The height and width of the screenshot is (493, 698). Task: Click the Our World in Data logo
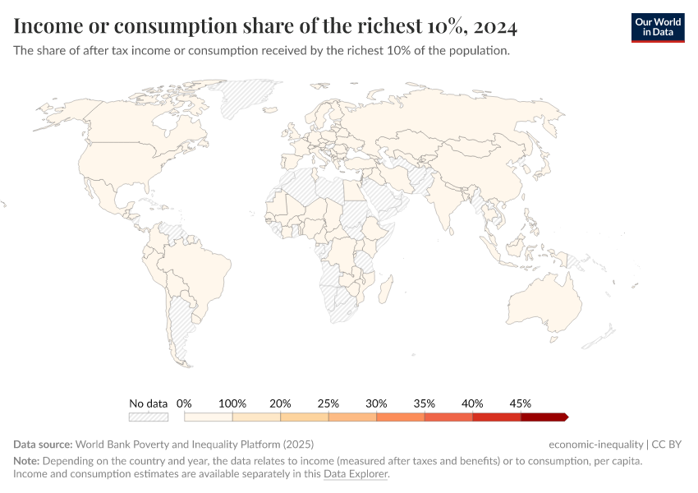657,27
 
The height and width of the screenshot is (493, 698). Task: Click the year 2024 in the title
495,27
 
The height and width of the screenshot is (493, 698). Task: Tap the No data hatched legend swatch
149,417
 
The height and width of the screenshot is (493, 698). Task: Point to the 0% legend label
184,403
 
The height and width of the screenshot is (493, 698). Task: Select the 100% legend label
232,403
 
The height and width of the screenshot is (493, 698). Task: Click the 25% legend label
328,403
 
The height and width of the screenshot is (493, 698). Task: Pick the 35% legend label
425,403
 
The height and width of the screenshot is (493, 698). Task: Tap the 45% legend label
521,403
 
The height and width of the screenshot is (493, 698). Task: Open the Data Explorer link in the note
355,474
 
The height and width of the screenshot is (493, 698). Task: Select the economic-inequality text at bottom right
596,445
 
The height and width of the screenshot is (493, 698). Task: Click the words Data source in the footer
42,445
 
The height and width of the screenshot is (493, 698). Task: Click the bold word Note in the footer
27,461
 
